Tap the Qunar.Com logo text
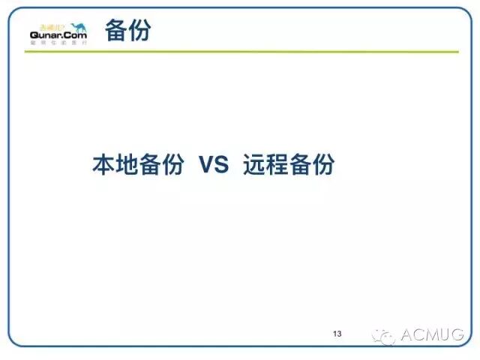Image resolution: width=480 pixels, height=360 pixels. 58,35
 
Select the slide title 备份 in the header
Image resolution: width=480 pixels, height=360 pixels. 127,31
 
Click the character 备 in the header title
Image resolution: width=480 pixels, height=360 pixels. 116,31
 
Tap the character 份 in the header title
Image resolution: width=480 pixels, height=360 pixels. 139,31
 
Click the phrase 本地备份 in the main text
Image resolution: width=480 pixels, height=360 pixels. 137,165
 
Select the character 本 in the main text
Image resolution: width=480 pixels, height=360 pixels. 103,165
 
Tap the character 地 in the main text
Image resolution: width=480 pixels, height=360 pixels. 126,165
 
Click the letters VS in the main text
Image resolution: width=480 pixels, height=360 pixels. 214,165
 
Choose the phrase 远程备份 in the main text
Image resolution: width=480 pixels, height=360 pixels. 289,165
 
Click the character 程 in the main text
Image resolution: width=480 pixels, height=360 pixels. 277,165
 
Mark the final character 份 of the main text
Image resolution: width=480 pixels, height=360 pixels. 323,165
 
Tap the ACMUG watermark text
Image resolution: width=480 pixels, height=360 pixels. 433,334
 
